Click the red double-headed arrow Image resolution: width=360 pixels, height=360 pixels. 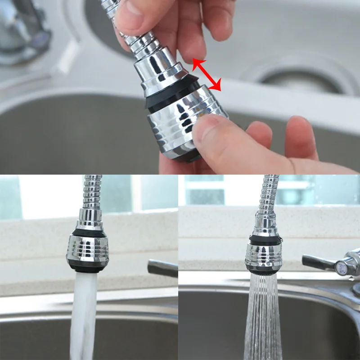[207, 75]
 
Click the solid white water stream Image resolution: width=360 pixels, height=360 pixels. [84, 315]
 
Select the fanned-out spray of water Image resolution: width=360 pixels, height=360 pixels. [264, 319]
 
